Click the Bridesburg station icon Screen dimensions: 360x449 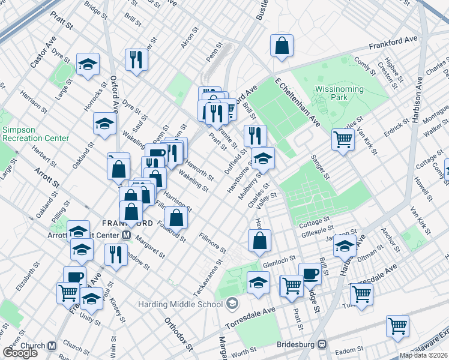(x=322, y=344)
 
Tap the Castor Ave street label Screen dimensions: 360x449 (x=43, y=51)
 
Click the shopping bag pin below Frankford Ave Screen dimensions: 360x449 (x=281, y=46)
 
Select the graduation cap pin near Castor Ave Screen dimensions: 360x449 (x=88, y=64)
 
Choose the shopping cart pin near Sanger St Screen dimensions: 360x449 (x=343, y=140)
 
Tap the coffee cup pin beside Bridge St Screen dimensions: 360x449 (x=310, y=274)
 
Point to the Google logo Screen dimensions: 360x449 (x=20, y=353)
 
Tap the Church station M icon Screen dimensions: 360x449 (x=52, y=346)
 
